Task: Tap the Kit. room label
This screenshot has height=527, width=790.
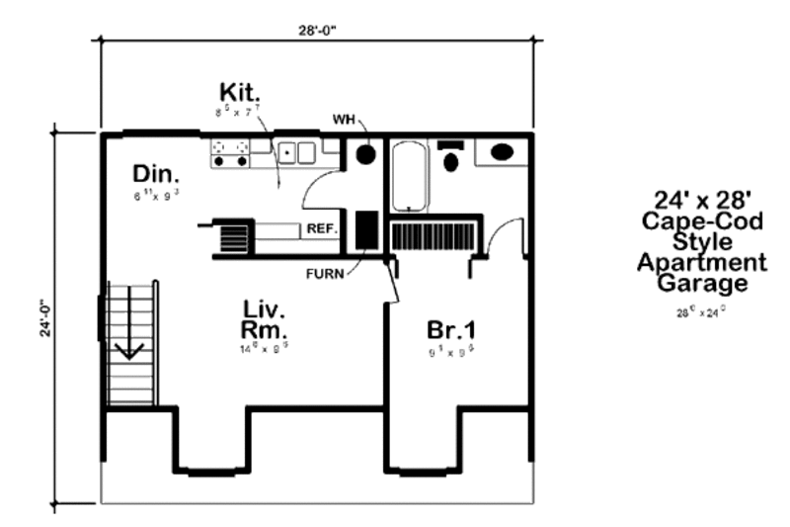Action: point(239,94)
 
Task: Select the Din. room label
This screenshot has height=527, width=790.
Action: point(154,174)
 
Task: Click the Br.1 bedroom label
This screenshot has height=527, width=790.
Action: point(450,329)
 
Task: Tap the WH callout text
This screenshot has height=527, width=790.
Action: point(344,119)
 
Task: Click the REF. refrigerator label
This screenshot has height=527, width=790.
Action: point(322,228)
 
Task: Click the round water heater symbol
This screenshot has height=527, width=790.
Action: point(365,155)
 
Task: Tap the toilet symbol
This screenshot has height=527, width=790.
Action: point(452,157)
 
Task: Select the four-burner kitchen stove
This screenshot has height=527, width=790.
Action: point(229,151)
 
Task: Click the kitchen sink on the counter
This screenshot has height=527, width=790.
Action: point(293,152)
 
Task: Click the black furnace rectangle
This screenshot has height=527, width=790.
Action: point(364,229)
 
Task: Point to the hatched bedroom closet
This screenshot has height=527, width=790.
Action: point(434,238)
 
